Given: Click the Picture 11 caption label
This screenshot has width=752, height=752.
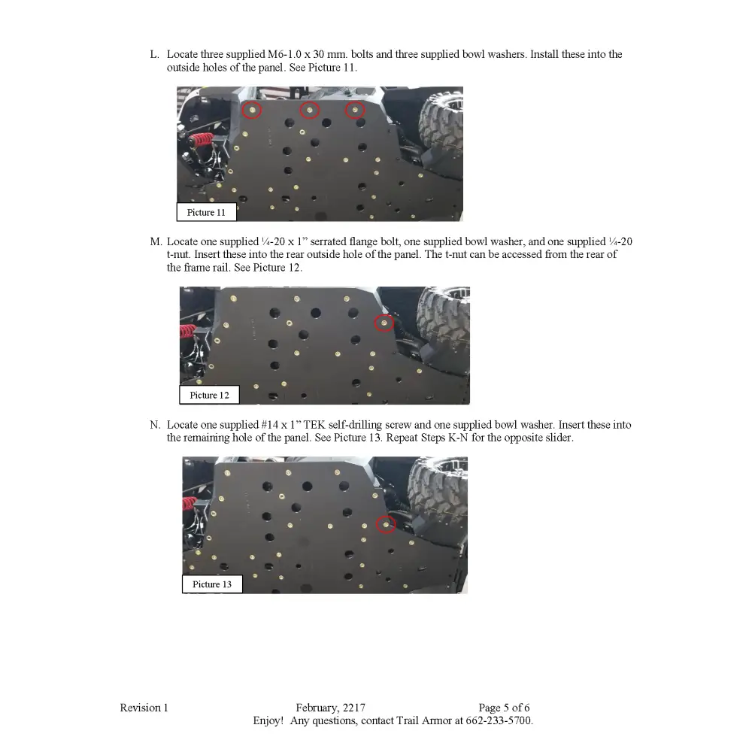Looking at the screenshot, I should [206, 213].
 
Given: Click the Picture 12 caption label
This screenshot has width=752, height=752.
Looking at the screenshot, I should [209, 396].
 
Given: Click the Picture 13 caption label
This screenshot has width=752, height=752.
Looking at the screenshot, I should [212, 584].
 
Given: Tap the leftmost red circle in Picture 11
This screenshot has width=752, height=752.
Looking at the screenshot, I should [253, 111].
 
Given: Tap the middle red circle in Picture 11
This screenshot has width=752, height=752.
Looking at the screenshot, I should [310, 111].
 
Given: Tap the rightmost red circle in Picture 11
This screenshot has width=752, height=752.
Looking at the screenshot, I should [354, 111].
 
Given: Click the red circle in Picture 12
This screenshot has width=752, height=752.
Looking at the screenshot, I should [384, 323].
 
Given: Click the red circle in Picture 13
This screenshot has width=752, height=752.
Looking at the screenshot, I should [386, 524].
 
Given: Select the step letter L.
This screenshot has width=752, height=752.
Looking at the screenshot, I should [154, 55].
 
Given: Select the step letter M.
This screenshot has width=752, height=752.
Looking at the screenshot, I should [155, 242].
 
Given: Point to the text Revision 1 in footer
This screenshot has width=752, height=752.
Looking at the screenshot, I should [144, 708].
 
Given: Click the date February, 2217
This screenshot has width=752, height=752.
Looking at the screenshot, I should [330, 708].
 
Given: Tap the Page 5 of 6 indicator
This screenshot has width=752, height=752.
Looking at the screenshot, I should [504, 708].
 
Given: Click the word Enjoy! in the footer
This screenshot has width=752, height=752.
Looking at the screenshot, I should [267, 720].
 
